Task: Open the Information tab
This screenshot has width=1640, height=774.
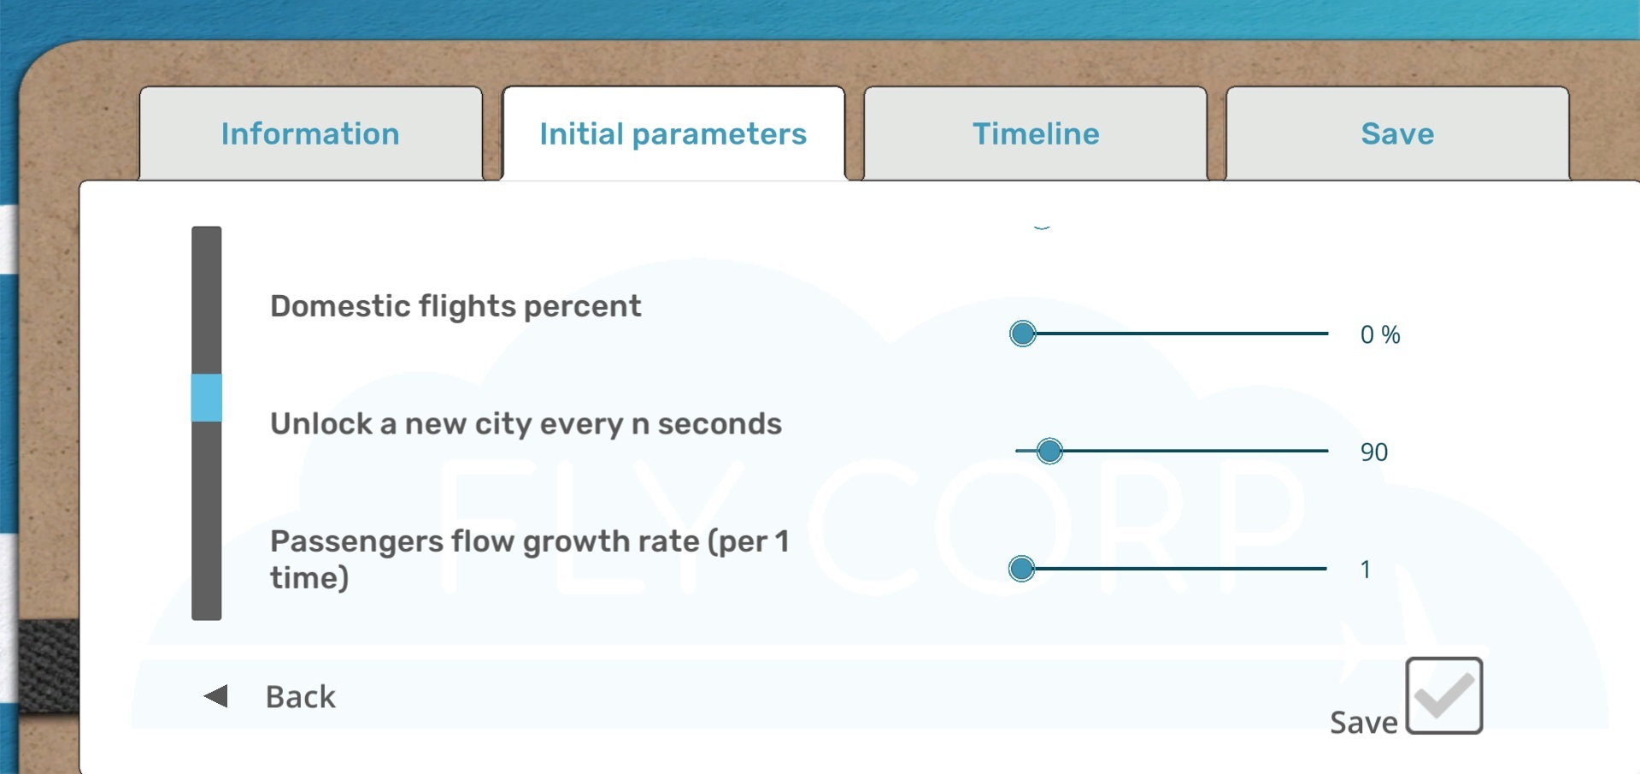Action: click(310, 133)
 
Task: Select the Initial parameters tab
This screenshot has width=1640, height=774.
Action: click(673, 133)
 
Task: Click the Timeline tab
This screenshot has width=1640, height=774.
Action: click(1036, 133)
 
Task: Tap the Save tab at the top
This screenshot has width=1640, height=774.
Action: click(1397, 133)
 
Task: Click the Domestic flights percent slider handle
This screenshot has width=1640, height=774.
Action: click(1022, 334)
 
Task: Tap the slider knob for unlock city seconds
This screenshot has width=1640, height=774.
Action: click(1049, 451)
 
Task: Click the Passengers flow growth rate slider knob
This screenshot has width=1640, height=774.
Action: click(1021, 569)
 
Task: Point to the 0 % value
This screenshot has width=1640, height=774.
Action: click(1380, 334)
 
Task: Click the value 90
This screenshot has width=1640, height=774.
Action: click(1374, 452)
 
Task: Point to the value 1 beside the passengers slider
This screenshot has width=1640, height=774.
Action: click(1366, 570)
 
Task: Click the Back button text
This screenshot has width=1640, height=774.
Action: click(301, 697)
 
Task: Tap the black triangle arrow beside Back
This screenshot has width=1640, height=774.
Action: click(216, 696)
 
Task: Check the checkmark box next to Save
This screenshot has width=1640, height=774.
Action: click(1444, 695)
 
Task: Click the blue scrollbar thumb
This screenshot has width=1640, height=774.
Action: click(207, 398)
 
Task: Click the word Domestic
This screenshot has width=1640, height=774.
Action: click(341, 306)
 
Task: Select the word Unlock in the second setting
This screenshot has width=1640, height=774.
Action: click(321, 423)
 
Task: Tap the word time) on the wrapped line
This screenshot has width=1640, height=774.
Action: click(309, 578)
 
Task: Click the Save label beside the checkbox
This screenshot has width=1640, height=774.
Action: click(1364, 723)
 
